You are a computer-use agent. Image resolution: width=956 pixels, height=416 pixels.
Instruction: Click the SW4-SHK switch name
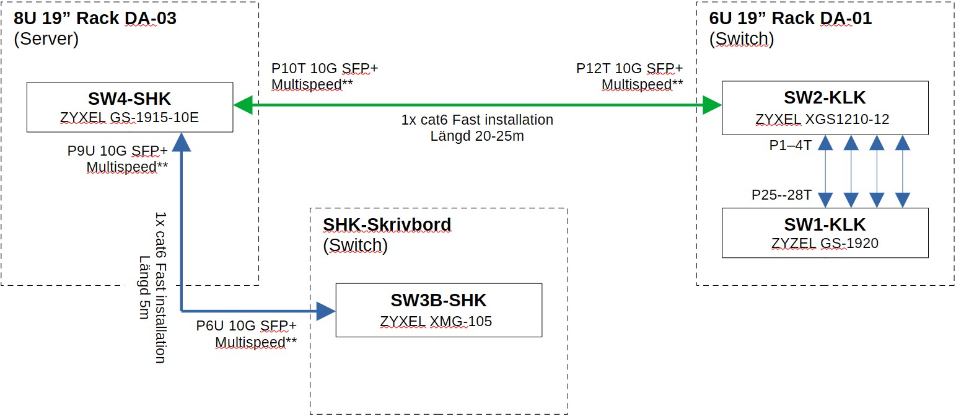click(x=129, y=98)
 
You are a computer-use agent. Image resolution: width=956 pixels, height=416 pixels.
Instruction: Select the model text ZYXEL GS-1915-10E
click(x=129, y=117)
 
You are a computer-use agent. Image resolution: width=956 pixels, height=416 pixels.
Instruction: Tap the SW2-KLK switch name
click(x=825, y=98)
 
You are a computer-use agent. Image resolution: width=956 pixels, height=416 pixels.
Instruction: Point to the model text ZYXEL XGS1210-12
click(x=825, y=119)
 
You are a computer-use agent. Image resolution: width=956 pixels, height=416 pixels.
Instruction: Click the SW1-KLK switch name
click(x=825, y=224)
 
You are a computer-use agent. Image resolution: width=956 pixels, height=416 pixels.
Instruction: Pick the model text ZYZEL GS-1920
click(x=825, y=243)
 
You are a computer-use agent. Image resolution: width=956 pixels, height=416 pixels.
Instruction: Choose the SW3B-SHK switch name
click(x=439, y=301)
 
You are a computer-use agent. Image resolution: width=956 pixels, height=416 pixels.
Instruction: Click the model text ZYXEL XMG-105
click(x=439, y=321)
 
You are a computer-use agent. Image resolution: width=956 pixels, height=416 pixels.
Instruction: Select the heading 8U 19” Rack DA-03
click(x=95, y=19)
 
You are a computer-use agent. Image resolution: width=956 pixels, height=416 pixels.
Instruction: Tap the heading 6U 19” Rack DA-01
click(x=790, y=19)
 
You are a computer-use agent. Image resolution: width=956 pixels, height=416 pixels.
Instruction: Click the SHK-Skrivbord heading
click(x=387, y=224)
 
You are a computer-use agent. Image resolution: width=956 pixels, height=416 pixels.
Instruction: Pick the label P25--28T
click(x=781, y=195)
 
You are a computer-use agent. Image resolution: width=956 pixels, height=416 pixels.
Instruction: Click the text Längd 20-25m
click(x=477, y=136)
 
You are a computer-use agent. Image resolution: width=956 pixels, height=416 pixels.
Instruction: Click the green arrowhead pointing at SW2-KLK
click(x=713, y=105)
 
